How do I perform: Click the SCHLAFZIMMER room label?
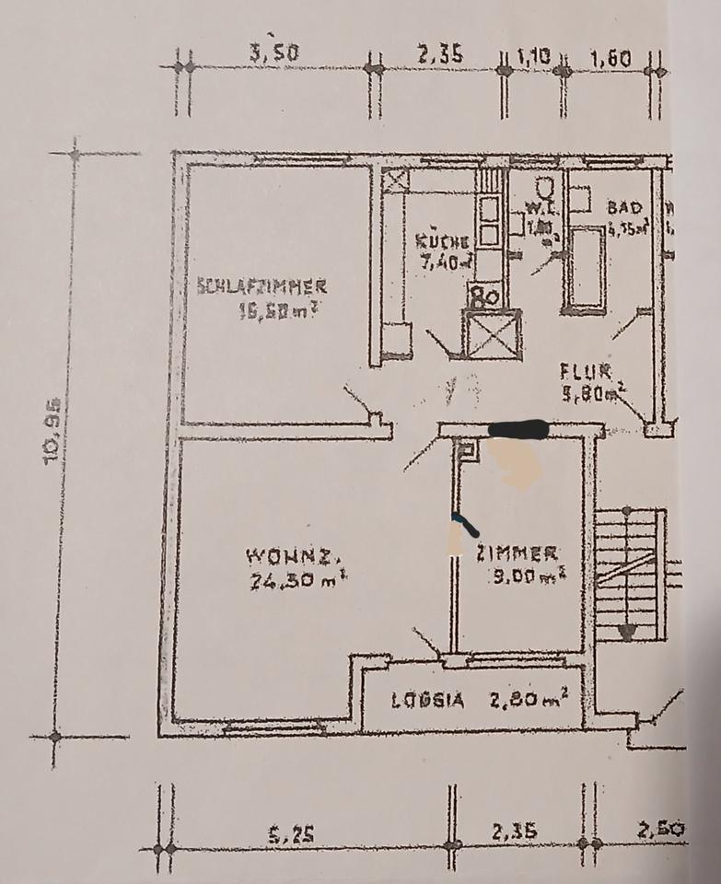(262, 285)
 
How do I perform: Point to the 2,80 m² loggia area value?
(528, 699)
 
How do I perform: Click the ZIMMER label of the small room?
(516, 553)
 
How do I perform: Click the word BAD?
(622, 208)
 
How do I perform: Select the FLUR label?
(587, 372)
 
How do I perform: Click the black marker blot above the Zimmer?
(517, 428)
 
